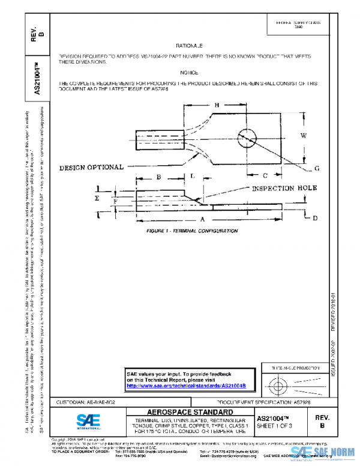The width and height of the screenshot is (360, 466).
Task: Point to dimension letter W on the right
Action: coord(303,136)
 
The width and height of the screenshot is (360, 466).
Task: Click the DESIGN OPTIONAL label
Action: coord(91,167)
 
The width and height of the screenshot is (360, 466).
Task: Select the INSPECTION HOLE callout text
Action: coord(275,188)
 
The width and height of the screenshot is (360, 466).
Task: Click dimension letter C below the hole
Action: coord(265,175)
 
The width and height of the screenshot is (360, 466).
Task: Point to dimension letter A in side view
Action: coord(203,219)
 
